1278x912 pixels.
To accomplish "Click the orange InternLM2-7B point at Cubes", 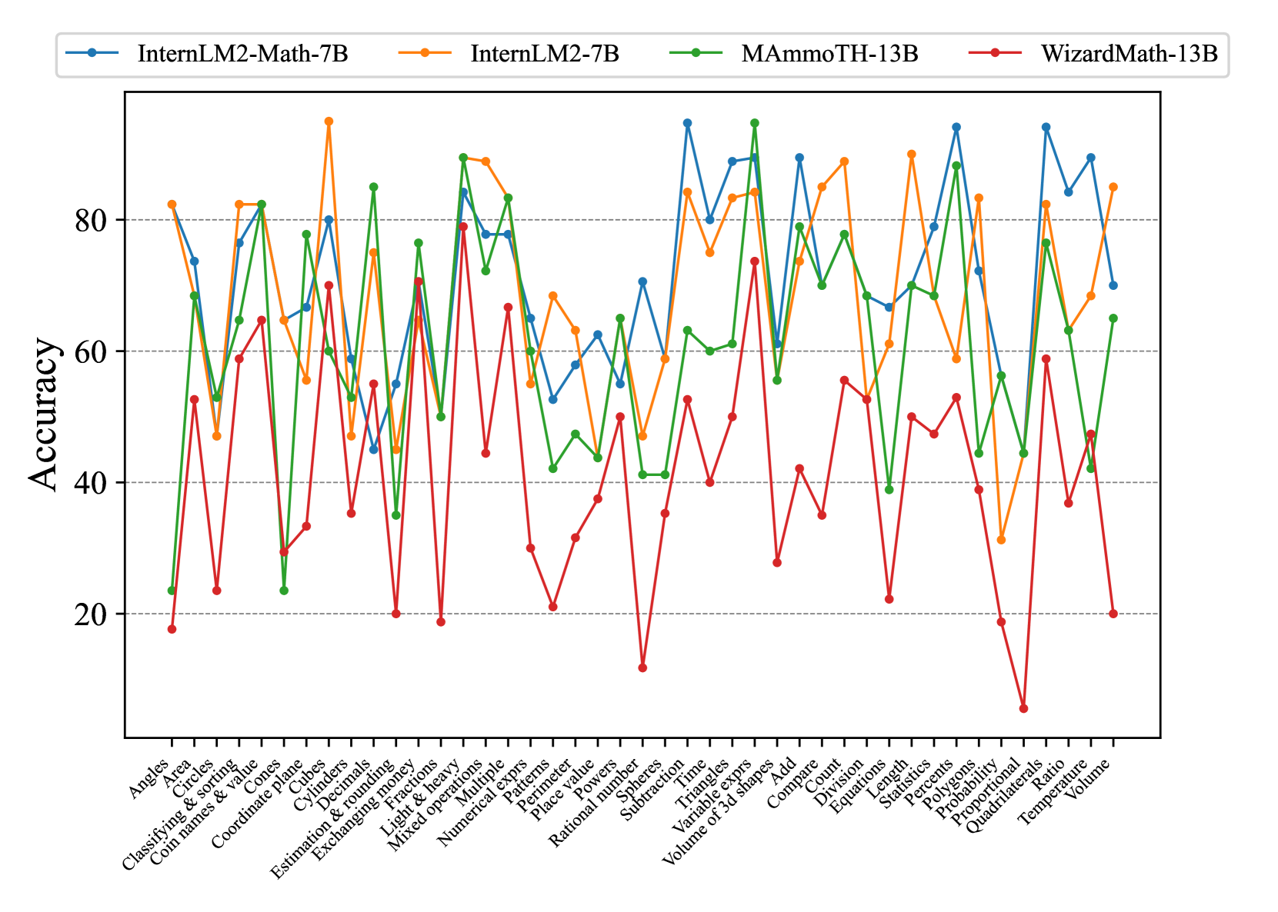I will tap(329, 121).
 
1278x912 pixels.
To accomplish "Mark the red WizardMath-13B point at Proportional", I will tap(1023, 708).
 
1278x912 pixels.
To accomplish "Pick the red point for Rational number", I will tap(642, 667).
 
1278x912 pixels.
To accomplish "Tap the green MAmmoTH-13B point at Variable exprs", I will tap(755, 123).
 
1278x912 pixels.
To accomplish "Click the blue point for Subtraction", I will tap(687, 123).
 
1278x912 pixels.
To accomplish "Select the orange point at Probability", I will tap(1001, 540).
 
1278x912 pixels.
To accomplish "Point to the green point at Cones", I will tap(284, 591).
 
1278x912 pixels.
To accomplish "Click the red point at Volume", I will tap(1113, 614).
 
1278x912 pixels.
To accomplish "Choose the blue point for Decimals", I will tap(374, 449).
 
